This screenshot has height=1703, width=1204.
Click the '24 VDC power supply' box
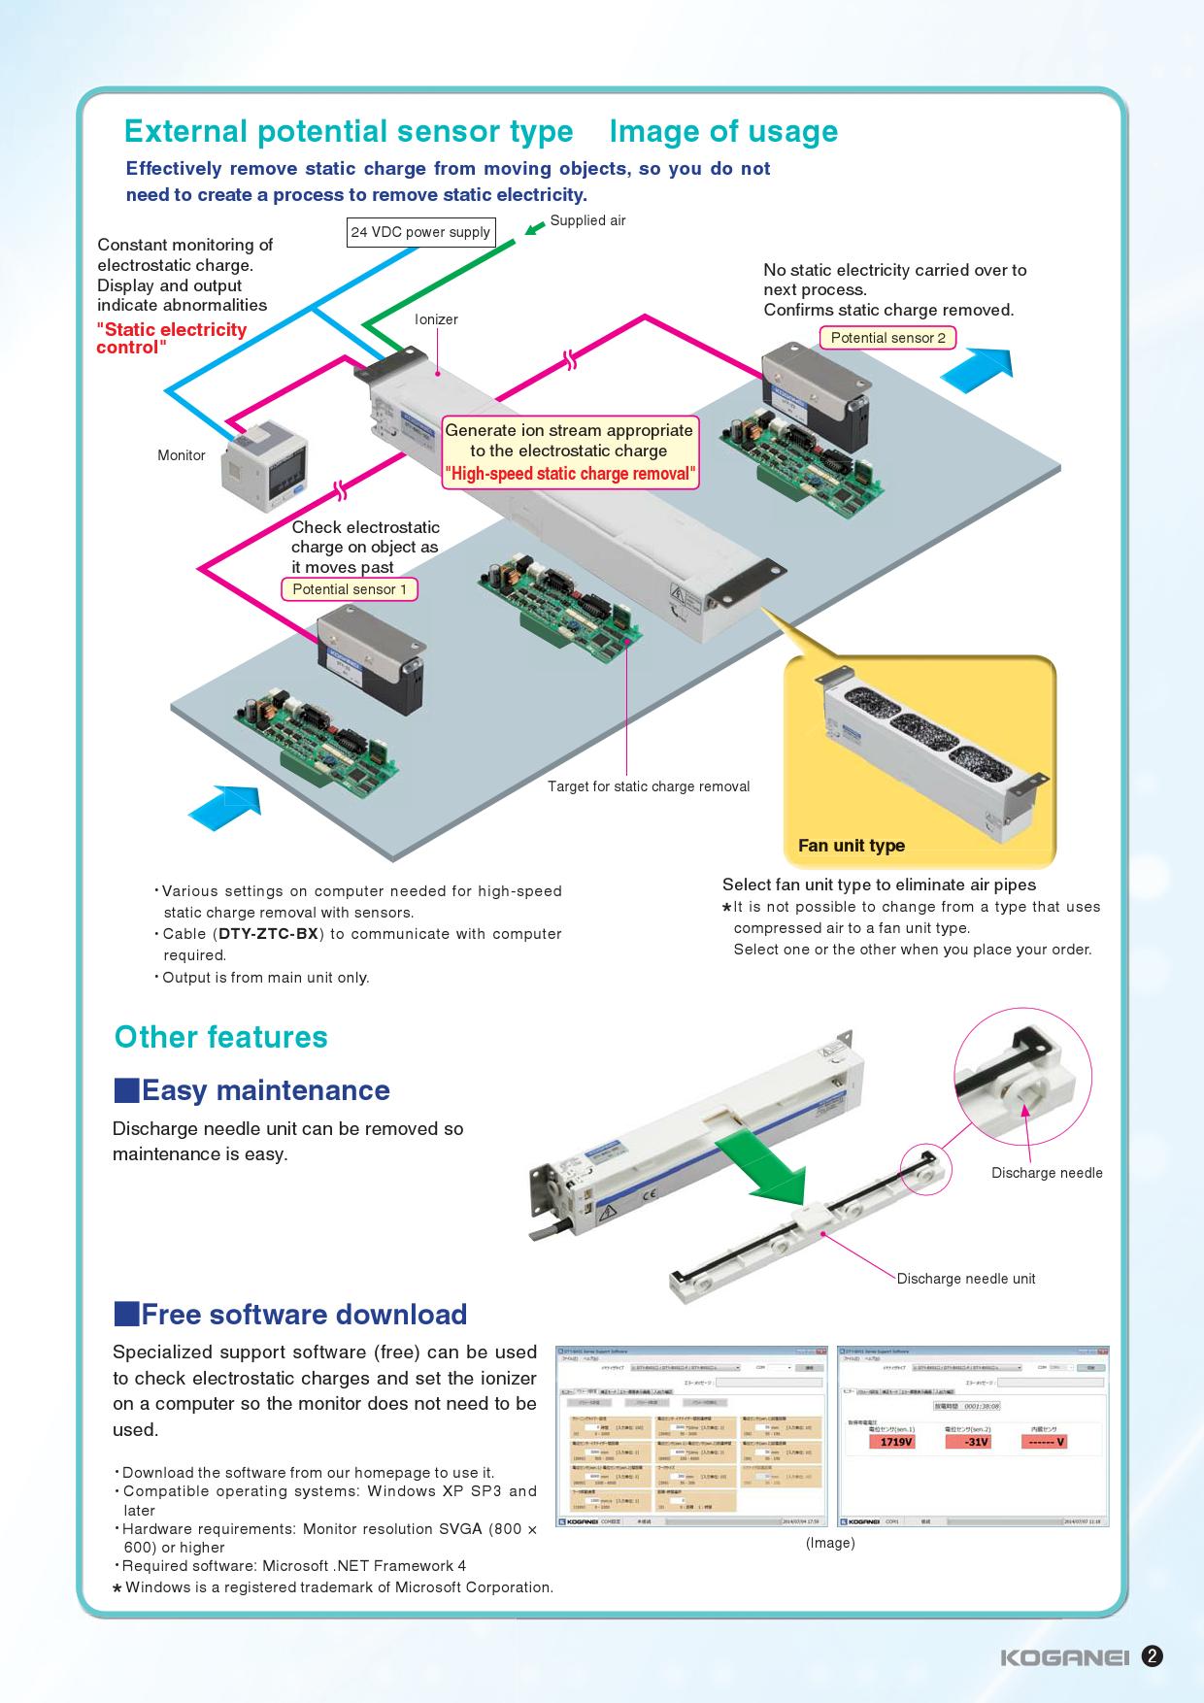pyautogui.click(x=420, y=233)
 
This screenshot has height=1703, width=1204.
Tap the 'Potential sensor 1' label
pyautogui.click(x=350, y=589)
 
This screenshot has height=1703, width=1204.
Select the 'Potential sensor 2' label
pyautogui.click(x=887, y=338)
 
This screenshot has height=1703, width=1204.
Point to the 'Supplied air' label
pyautogui.click(x=587, y=220)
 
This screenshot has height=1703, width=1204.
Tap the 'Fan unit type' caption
pyautogui.click(x=851, y=846)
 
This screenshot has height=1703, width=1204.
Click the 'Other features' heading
pyautogui.click(x=221, y=1037)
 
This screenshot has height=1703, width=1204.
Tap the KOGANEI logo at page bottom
pyautogui.click(x=1064, y=1656)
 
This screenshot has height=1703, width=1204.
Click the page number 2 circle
pyautogui.click(x=1152, y=1656)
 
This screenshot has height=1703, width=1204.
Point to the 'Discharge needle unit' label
pyautogui.click(x=965, y=1279)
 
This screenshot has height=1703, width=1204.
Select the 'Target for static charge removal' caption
pyautogui.click(x=649, y=786)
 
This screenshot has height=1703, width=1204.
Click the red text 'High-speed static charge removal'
pyautogui.click(x=570, y=474)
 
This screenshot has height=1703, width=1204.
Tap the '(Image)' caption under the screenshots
pyautogui.click(x=830, y=1543)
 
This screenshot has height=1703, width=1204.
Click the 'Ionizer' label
pyautogui.click(x=436, y=319)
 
